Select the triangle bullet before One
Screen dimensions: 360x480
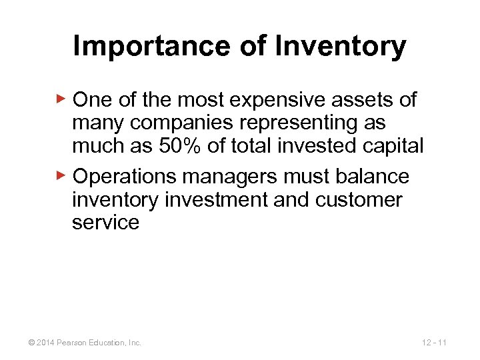click(x=61, y=99)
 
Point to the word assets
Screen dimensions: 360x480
click(x=367, y=100)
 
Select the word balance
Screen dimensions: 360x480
click(x=372, y=177)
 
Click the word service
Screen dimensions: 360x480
click(x=105, y=222)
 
